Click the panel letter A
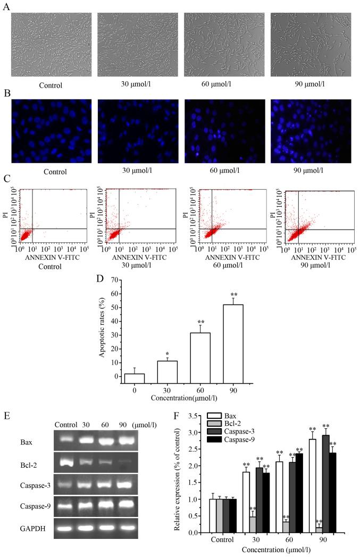(x=6, y=7)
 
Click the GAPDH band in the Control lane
(x=68, y=528)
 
